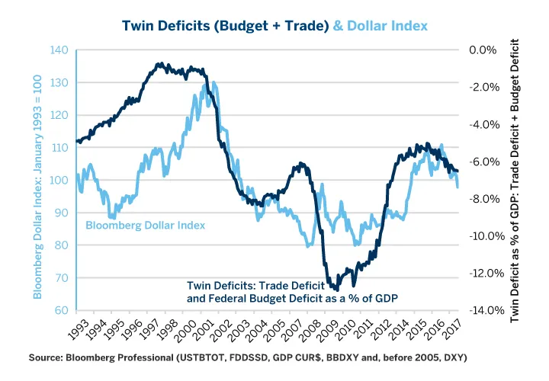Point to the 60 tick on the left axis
[x=62, y=311]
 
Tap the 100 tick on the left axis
[x=59, y=181]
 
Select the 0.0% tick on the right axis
[x=481, y=50]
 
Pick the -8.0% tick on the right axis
[x=481, y=199]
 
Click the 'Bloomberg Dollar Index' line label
[x=145, y=226]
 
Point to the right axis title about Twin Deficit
[x=525, y=180]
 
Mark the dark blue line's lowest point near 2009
[x=335, y=290]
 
